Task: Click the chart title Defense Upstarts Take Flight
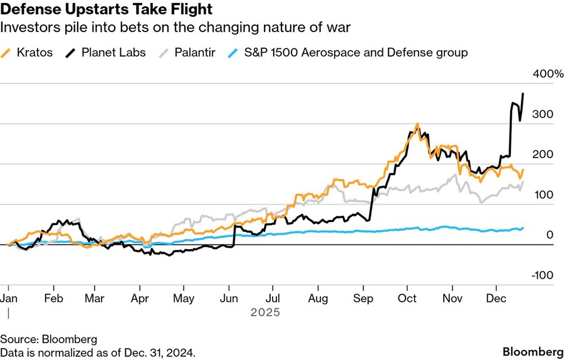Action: coord(107,9)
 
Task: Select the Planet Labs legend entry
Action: coord(113,52)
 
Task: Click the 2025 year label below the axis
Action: coord(264,312)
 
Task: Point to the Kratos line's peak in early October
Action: coord(417,125)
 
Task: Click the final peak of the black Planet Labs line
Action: coord(523,94)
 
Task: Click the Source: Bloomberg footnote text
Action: coord(49,339)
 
